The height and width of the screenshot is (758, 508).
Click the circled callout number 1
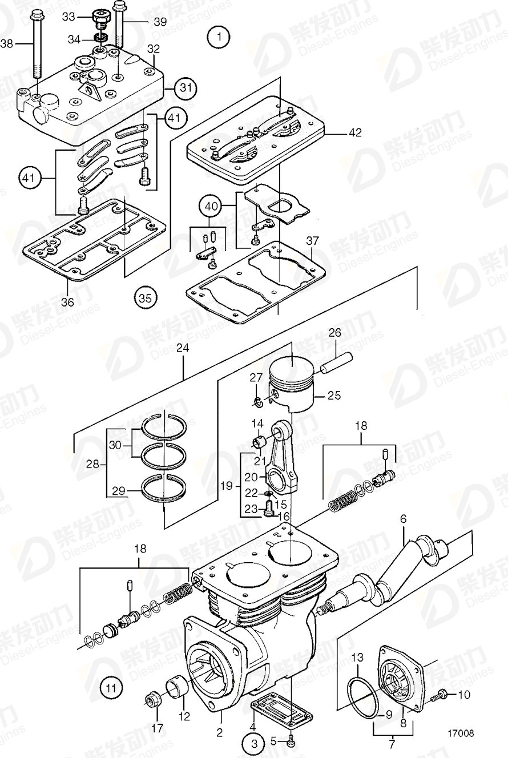click(x=219, y=38)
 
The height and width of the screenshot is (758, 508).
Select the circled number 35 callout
click(x=146, y=297)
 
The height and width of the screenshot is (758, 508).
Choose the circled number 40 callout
click(x=210, y=205)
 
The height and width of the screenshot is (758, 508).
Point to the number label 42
click(x=355, y=132)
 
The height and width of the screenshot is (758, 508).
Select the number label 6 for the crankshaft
click(x=403, y=519)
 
